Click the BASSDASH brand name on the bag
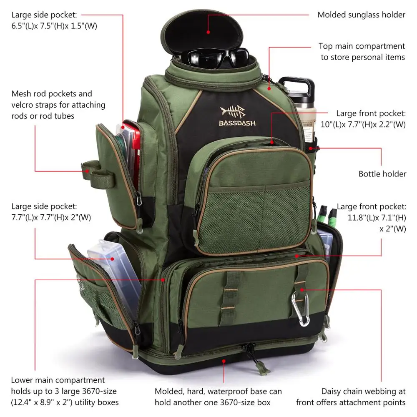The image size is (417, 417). coord(237,123)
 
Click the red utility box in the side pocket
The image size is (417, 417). coord(132,154)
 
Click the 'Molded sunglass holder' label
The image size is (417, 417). coord(361,15)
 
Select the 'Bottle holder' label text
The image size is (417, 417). coord(382,173)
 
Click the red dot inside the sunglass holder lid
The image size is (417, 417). coord(208,30)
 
